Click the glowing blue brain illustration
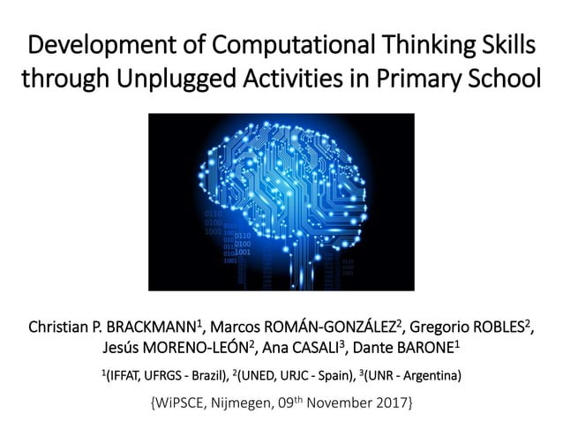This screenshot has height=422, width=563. (281, 201)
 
